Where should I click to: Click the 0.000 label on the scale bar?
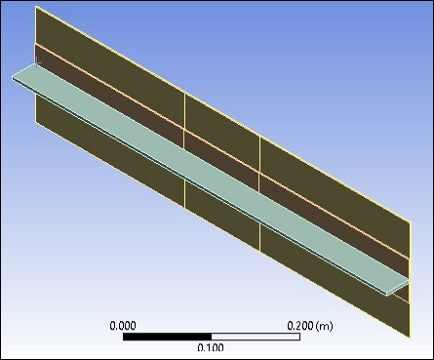tap(124, 325)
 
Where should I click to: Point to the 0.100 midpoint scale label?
tap(211, 347)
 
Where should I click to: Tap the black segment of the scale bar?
tap(167, 337)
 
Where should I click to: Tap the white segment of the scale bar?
tap(255, 337)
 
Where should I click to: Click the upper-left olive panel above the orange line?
tap(107, 59)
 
